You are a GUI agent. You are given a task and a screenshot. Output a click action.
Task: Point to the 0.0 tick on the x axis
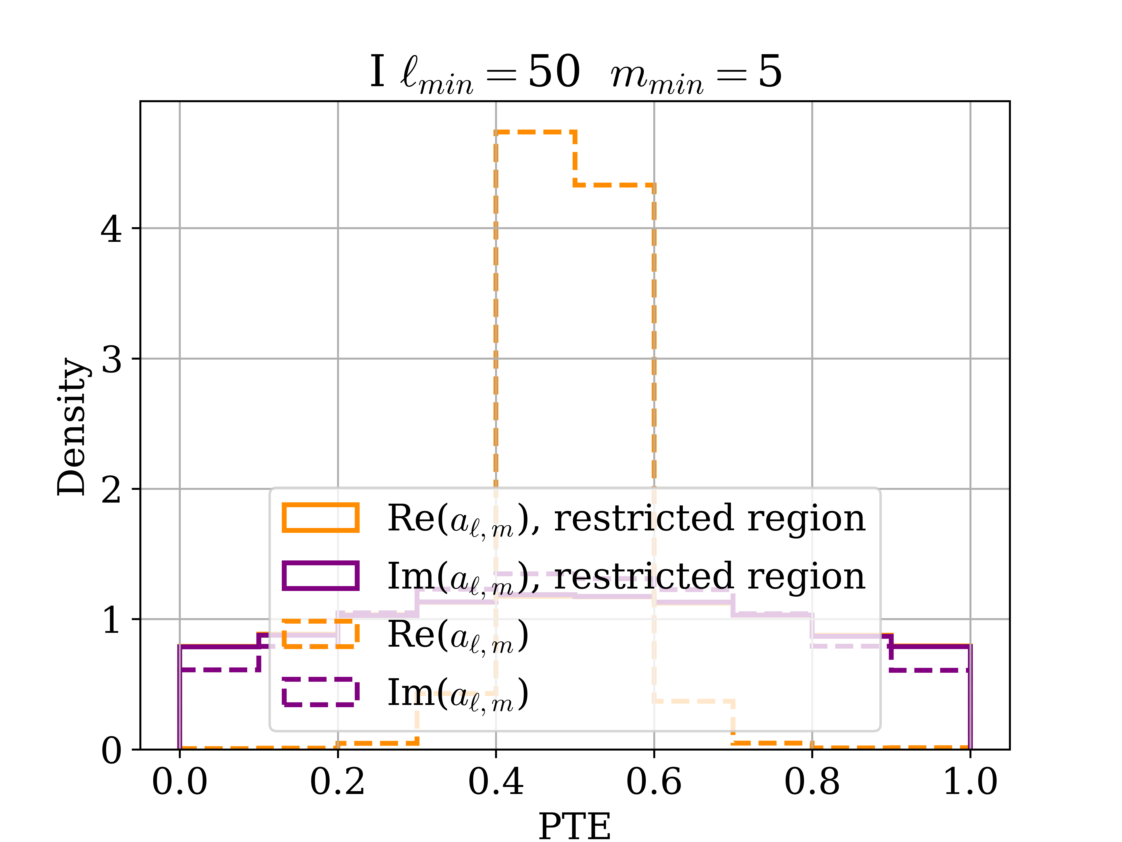click(x=179, y=782)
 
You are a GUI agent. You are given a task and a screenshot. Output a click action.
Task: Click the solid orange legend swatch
click(x=321, y=518)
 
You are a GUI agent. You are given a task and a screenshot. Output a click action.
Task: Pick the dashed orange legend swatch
click(x=321, y=634)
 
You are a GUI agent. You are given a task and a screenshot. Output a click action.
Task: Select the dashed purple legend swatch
click(x=321, y=692)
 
